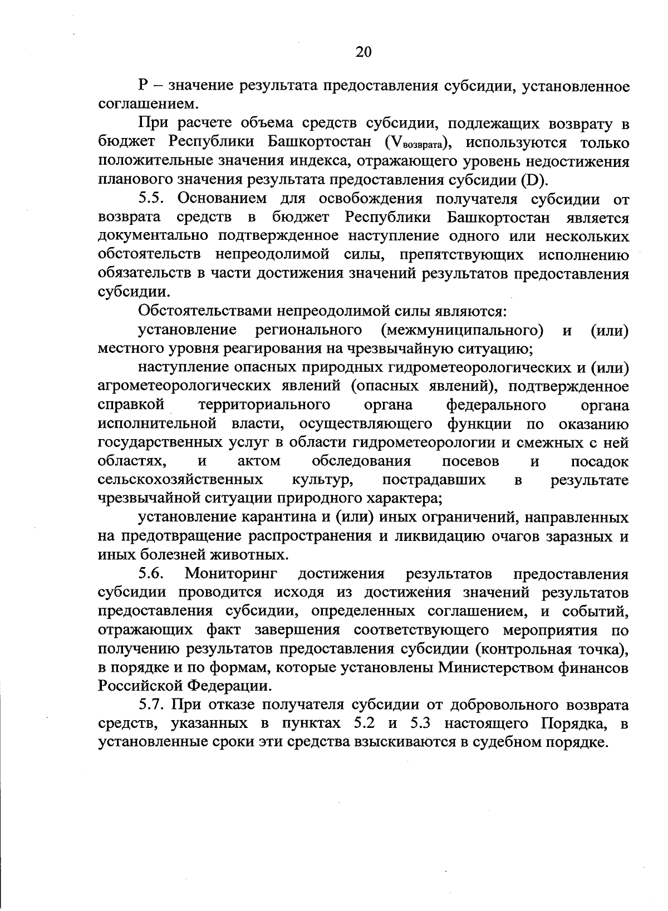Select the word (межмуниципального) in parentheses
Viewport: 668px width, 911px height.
pos(462,330)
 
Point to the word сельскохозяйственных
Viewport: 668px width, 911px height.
pos(180,480)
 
